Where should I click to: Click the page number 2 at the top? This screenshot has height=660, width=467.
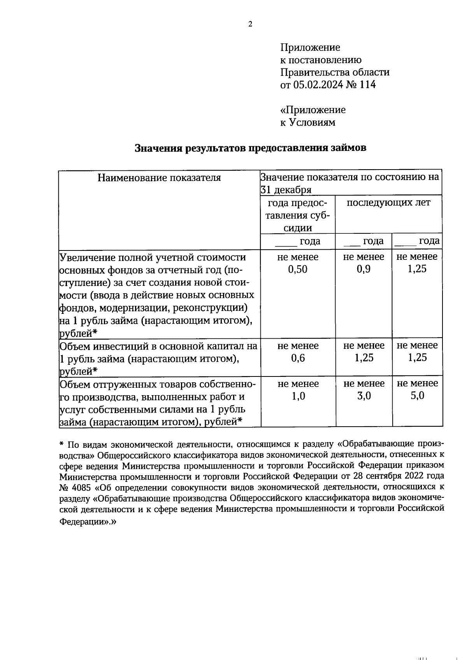point(250,24)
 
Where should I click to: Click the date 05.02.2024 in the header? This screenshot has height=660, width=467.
point(318,85)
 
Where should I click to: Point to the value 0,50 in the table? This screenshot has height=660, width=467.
point(298,269)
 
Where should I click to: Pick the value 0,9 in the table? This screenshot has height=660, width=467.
point(363,269)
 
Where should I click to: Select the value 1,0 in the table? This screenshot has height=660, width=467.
point(298,396)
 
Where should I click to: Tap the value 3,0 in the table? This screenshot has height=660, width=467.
point(364,396)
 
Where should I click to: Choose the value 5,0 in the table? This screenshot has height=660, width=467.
point(417,396)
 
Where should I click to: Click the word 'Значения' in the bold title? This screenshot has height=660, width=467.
point(159,149)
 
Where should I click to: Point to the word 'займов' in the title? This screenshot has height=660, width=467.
point(348,149)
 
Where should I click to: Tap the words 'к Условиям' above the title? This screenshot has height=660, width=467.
point(307,123)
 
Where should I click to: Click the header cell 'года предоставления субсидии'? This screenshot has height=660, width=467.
point(298,215)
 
